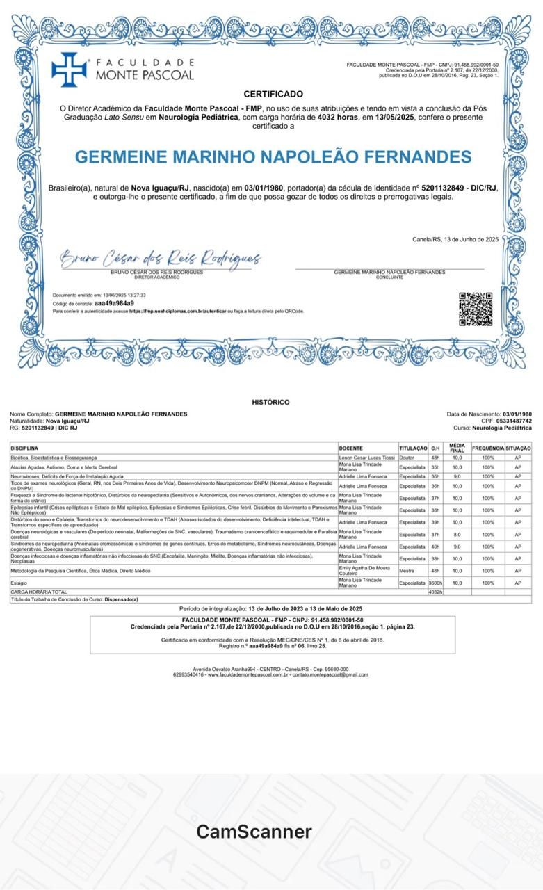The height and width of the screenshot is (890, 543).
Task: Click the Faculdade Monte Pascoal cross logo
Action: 69,70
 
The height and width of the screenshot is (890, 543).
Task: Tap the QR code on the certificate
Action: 476,309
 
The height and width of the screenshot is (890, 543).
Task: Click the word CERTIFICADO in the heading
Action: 273,94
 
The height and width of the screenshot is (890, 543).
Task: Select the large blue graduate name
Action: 273,157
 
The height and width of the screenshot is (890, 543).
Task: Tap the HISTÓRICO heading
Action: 270,402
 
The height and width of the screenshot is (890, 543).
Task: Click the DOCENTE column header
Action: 350,448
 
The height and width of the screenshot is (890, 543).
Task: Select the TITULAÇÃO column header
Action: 413,448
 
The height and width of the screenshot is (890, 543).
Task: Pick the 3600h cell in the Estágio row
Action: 435,583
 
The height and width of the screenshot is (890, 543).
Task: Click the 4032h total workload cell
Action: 435,592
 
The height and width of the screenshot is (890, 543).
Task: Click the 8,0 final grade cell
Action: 457,534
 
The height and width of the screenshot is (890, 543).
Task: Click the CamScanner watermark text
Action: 254,831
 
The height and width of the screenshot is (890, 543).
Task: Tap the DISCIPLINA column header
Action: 24,448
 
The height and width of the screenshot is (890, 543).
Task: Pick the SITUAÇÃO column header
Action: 518,448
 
